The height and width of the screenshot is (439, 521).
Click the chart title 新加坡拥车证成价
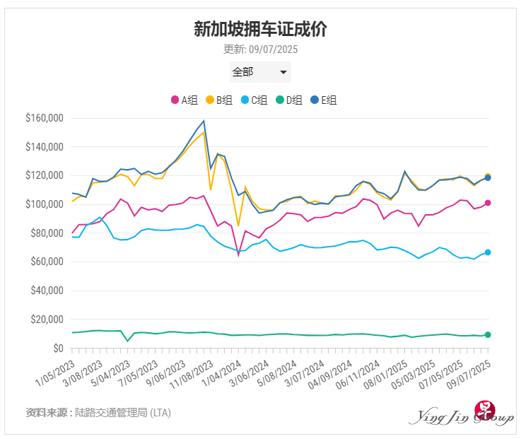point(260,29)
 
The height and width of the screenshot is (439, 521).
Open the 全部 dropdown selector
point(260,72)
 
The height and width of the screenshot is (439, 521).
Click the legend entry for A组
point(185,100)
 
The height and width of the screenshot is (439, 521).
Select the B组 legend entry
point(219,100)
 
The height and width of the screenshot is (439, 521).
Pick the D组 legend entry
point(290,100)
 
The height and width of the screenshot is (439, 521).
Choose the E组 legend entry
point(324,100)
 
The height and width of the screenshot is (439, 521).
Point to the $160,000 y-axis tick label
point(44,118)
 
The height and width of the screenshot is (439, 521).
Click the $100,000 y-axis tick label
point(44,204)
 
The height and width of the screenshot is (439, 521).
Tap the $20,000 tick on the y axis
point(46,320)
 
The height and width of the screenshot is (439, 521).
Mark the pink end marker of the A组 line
point(488,204)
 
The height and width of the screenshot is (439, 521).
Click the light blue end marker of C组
point(488,252)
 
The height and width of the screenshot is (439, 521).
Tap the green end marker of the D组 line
point(488,334)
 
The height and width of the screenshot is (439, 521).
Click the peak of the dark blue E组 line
point(204,121)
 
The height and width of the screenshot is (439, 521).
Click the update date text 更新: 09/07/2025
point(260,49)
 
